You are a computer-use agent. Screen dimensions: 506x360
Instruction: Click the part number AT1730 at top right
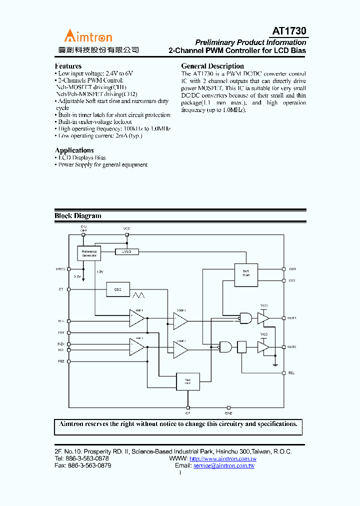click(x=289, y=31)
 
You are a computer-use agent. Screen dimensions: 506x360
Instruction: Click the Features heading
click(x=68, y=66)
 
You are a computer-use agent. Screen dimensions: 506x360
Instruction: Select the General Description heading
click(x=212, y=66)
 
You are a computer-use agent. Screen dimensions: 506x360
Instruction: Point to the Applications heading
click(x=74, y=150)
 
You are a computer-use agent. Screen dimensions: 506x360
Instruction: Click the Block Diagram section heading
click(x=77, y=216)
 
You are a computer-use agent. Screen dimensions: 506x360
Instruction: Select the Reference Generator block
click(x=89, y=253)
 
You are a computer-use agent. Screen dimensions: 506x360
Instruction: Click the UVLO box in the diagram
click(x=126, y=252)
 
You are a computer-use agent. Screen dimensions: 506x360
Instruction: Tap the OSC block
click(x=117, y=289)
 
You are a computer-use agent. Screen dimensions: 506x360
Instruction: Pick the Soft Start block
click(x=246, y=273)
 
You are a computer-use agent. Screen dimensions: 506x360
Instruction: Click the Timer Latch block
click(x=187, y=382)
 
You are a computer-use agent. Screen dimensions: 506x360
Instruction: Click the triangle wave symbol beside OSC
click(x=138, y=290)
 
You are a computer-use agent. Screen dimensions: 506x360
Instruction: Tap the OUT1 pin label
click(x=292, y=318)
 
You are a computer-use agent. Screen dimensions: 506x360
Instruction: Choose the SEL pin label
click(x=291, y=373)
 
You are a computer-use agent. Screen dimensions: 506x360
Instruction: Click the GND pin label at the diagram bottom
click(x=228, y=413)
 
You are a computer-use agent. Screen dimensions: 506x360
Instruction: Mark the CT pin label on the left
click(x=61, y=289)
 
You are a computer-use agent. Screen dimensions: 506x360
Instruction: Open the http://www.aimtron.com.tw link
click(x=223, y=458)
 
